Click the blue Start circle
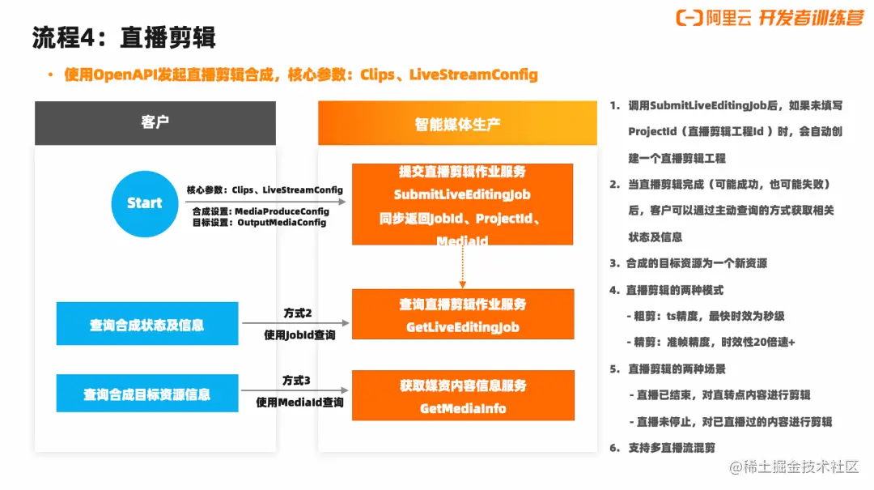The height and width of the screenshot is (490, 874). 145,204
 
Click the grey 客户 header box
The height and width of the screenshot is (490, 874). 155,123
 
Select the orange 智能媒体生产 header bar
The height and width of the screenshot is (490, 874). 457,123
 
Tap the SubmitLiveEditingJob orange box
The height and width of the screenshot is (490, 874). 462,204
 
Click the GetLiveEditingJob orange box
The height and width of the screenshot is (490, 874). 463,314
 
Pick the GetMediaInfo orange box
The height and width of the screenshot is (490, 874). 463,395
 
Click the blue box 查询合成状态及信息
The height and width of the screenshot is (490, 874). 147,324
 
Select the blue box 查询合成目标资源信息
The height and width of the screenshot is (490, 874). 147,394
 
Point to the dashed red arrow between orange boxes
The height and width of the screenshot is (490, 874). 462,266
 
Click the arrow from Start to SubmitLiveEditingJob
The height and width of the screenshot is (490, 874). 265,202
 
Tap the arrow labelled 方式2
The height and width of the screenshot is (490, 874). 295,323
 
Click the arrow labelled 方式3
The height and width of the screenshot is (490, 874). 295,390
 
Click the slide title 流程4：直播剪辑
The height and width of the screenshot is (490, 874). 124,38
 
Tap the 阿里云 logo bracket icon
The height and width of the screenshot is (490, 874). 689,18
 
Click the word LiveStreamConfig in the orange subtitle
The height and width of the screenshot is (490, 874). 473,75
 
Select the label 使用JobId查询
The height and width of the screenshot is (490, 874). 299,334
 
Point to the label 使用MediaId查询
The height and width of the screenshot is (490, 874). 299,403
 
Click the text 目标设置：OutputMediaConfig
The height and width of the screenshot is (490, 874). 259,222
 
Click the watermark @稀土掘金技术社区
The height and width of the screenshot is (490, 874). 794,467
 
